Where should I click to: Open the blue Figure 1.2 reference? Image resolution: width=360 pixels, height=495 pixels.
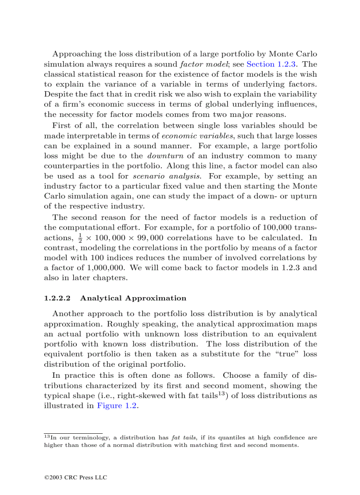click(x=117, y=406)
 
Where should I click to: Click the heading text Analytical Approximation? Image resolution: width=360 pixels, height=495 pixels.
click(x=133, y=298)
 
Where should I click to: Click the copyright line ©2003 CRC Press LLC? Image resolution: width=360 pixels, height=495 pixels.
click(x=75, y=477)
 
